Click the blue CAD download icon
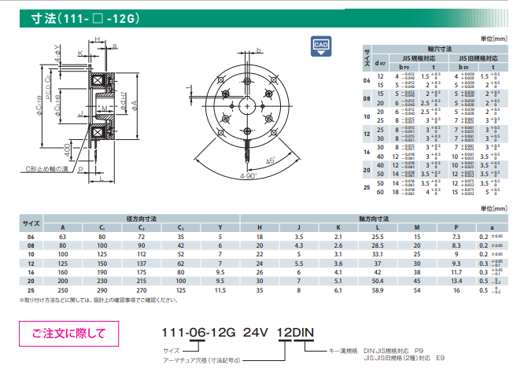[x=320, y=47]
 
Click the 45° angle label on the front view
[x=275, y=163]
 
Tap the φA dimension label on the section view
[x=134, y=104]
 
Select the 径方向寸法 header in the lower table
[x=142, y=217]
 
